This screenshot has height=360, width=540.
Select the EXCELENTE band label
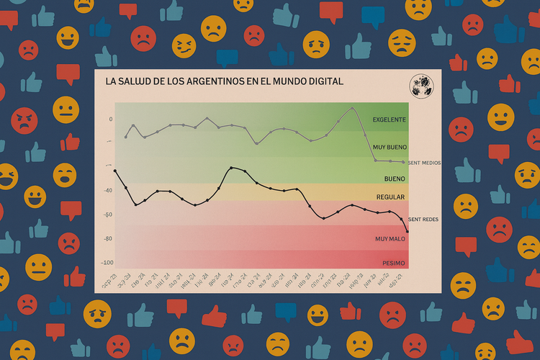(389, 119)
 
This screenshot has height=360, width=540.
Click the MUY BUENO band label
(390, 148)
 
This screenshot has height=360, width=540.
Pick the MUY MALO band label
(390, 238)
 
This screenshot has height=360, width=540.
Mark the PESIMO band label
(393, 263)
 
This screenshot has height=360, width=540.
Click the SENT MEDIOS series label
(424, 163)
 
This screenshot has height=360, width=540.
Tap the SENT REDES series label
(423, 218)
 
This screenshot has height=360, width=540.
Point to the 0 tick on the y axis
(111, 120)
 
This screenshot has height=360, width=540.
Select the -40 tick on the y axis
(108, 191)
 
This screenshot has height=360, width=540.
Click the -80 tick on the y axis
(108, 239)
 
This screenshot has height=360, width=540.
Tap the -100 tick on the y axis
(107, 263)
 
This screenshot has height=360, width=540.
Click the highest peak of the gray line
(352, 109)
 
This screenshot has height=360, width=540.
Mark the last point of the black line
(408, 231)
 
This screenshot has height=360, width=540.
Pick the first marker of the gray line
(126, 137)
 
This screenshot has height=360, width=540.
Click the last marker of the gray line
(403, 162)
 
